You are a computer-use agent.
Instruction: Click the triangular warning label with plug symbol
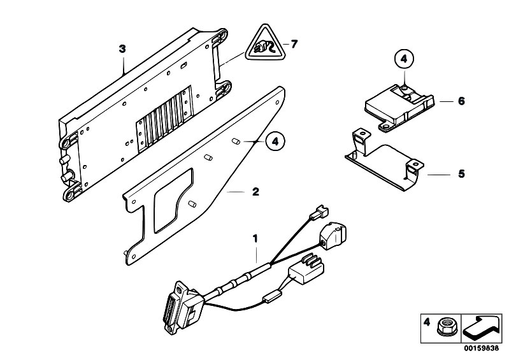265,44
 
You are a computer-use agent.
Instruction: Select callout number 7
294,44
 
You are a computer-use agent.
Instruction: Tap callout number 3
122,49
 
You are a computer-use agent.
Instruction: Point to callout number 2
256,192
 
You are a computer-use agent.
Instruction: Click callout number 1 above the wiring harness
255,238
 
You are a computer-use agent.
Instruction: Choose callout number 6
461,101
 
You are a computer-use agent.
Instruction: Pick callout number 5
461,174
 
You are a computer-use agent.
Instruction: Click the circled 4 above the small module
404,59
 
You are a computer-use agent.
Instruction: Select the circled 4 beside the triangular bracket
275,142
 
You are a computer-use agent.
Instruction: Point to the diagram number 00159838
481,349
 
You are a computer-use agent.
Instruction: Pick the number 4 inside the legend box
427,322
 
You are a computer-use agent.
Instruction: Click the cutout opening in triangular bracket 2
173,200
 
